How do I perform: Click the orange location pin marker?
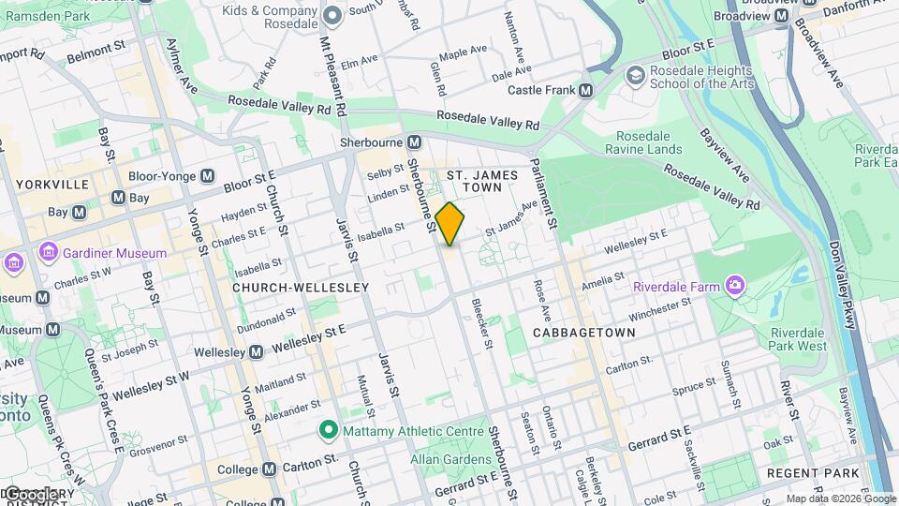450,224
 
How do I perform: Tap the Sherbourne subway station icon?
414,142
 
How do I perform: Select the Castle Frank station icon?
586,91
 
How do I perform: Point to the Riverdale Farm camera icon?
737,285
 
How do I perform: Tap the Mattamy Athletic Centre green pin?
328,431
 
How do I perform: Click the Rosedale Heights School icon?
636,74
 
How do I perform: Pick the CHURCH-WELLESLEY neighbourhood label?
287,288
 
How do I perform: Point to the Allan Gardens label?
450,459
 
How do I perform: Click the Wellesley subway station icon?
255,352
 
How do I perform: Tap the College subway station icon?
269,469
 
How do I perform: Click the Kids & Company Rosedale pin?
332,16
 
